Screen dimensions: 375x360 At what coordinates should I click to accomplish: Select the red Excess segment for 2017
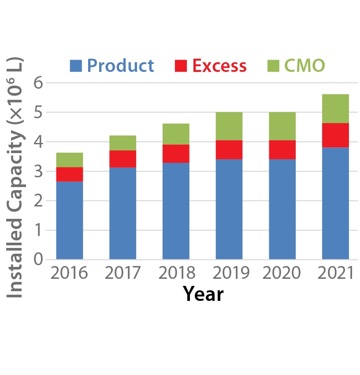122,159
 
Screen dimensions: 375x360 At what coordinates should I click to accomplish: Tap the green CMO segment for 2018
176,134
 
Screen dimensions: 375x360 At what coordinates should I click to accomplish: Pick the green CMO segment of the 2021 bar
335,109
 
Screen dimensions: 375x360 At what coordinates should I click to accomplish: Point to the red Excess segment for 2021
335,135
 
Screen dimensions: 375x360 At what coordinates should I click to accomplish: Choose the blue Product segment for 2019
229,209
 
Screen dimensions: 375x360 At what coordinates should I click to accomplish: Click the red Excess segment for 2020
282,150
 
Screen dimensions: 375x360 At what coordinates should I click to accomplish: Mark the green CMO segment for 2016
70,160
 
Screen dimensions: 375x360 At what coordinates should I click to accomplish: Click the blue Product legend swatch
76,66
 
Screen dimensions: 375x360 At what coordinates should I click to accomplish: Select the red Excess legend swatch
181,66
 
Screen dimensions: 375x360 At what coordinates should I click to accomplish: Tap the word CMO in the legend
304,66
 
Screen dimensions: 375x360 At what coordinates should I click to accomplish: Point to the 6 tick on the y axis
38,83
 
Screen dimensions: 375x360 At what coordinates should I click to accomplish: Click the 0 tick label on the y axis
38,259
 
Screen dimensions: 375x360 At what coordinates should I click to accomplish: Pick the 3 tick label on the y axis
38,171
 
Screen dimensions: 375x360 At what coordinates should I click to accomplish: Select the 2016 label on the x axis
69,273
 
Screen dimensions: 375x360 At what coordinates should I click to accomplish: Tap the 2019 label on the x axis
229,273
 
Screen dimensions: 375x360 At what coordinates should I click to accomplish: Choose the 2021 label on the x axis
335,273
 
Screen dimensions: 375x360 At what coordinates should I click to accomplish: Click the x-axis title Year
203,293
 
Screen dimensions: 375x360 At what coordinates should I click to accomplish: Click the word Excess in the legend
219,66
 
